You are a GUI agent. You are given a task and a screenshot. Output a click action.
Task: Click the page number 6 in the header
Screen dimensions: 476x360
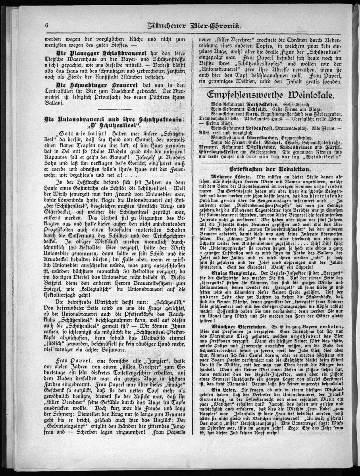point(46,26)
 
